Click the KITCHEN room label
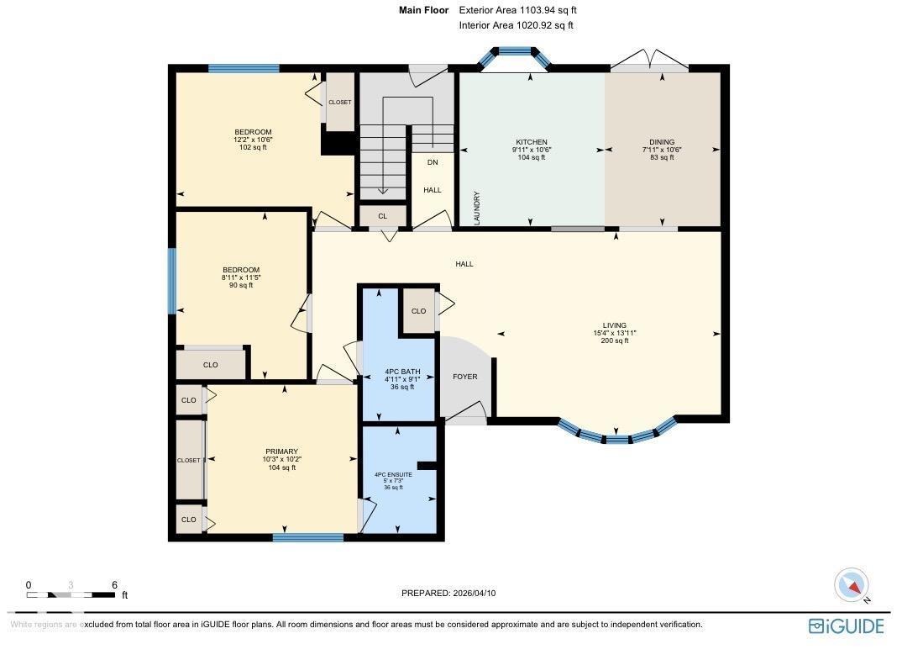pos(531,142)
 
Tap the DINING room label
pos(662,142)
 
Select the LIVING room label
pos(615,325)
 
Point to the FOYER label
pos(464,377)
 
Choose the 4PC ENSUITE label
pos(393,474)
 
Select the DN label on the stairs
pos(433,162)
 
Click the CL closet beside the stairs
pos(382,216)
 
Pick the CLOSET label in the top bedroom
pos(340,103)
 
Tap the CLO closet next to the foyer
pos(418,311)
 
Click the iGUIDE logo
pos(846,626)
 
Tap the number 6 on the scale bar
pos(114,585)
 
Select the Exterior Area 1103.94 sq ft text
pos(517,10)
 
